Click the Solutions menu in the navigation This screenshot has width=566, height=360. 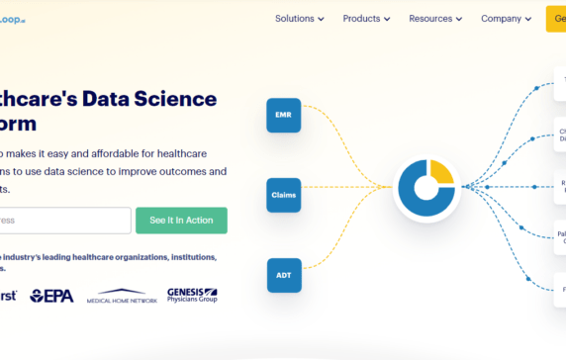click(294, 18)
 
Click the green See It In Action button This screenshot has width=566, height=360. click(181, 220)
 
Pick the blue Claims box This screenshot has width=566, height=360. click(284, 195)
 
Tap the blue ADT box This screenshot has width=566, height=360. click(284, 275)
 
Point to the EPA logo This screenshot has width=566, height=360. click(51, 295)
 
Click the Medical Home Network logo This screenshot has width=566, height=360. click(122, 296)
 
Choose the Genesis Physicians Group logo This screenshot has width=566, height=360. click(192, 295)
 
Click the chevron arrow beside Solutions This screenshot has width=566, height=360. click(322, 19)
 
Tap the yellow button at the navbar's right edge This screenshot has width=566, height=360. click(555, 18)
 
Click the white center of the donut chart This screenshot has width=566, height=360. click(425, 186)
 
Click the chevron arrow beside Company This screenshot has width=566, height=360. click(529, 19)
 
